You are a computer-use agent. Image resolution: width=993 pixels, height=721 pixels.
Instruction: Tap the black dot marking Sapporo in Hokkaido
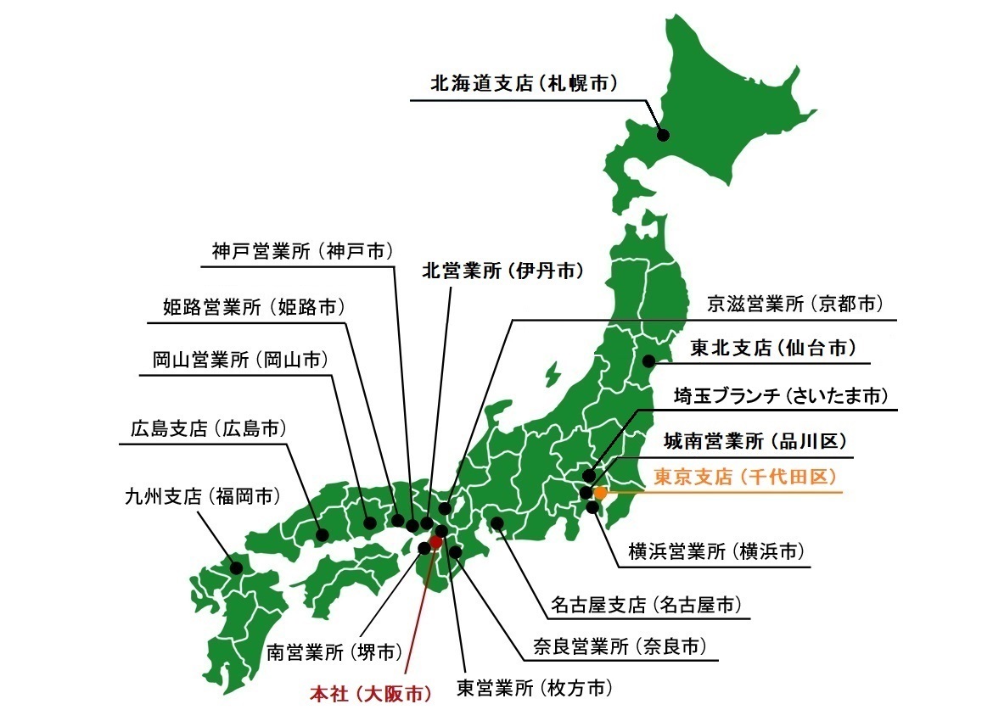coord(663,134)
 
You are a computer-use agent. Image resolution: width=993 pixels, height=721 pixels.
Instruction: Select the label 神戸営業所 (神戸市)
coord(303,251)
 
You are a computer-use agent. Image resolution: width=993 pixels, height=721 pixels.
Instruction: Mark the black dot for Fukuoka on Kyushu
coord(236,567)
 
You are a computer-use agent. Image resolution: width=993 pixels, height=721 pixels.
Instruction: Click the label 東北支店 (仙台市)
coord(772,348)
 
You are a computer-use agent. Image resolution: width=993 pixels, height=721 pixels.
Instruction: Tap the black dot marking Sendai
coord(648,358)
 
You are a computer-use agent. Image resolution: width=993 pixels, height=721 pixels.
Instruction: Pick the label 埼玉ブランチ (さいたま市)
coord(781,395)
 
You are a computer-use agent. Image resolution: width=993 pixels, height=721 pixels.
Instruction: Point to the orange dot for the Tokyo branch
coord(600,492)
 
